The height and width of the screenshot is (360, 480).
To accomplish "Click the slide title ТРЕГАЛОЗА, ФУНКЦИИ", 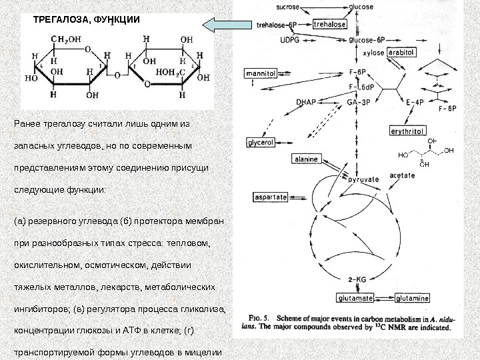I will tap(87, 19).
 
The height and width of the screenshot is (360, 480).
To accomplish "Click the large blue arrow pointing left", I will tap(224, 25).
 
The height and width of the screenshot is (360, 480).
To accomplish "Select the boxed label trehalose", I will tap(329, 24).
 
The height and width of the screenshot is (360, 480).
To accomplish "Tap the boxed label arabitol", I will tap(401, 51).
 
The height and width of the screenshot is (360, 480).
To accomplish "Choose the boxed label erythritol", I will tap(407, 131).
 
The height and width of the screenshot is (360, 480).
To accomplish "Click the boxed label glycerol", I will tap(261, 143).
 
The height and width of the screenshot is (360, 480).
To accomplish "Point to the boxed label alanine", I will tap(306, 159).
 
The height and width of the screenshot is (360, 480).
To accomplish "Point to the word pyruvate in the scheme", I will tap(363, 179).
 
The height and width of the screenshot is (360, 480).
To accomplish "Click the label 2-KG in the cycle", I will tap(358, 279).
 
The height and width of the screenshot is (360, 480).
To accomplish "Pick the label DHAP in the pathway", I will tap(305, 102).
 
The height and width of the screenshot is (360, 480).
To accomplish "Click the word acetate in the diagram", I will tap(402, 175).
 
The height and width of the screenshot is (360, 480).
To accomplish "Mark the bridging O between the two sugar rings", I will tap(117, 74).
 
